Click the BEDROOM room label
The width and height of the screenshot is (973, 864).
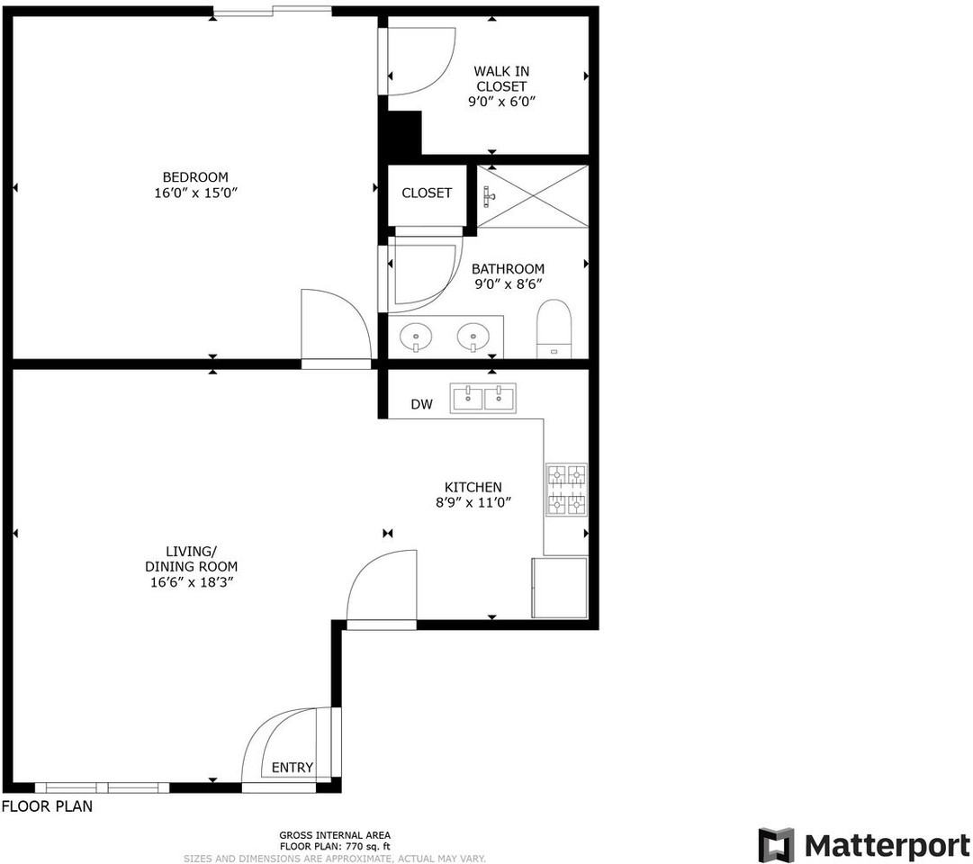[x=195, y=177]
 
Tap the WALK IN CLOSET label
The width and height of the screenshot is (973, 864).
[x=501, y=78]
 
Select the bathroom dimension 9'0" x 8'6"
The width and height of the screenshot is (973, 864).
[x=508, y=284]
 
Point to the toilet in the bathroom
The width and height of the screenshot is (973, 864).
[x=554, y=328]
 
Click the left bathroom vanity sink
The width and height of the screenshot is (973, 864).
[x=416, y=337]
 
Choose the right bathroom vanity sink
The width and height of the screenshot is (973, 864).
[x=473, y=337]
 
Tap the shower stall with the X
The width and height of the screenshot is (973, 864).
[x=532, y=196]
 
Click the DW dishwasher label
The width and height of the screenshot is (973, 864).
[x=421, y=405]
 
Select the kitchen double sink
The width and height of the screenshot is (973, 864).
[x=483, y=398]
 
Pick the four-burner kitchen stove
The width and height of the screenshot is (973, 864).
[x=566, y=490]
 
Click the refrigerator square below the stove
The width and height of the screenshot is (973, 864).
[x=559, y=587]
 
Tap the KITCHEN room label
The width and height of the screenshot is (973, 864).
[x=473, y=487]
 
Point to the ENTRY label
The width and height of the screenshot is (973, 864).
[x=293, y=768]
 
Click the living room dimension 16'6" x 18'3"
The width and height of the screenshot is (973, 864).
[x=191, y=581]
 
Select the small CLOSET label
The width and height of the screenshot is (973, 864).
[x=427, y=193]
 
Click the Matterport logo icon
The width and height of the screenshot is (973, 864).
[x=776, y=845]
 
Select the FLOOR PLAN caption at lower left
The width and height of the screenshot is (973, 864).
[x=47, y=806]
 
